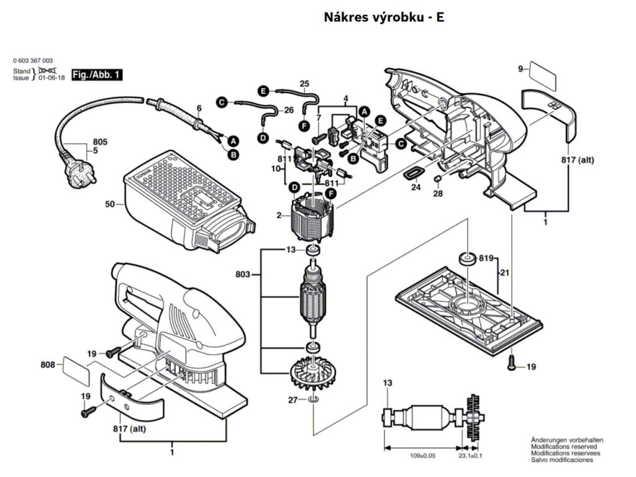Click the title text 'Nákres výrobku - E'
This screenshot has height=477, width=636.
tap(384, 17)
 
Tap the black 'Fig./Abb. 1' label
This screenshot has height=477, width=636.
tap(96, 75)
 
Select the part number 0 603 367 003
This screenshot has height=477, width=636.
tap(32, 61)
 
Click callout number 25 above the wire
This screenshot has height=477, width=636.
tap(304, 83)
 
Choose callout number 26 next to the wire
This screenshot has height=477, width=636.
tap(289, 111)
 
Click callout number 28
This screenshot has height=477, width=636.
tap(438, 194)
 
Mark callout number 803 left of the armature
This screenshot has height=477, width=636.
tap(245, 273)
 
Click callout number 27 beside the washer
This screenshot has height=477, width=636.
tap(292, 400)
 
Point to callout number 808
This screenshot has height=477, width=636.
tap(49, 364)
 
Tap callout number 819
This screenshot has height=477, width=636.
tap(485, 258)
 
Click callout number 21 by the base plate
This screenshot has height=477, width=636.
tap(506, 273)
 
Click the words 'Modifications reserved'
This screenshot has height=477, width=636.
tap(563, 446)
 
